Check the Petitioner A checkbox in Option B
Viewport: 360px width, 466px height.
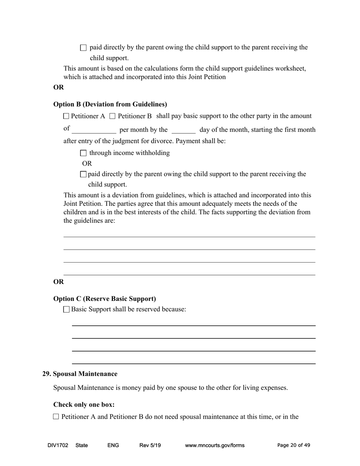tap(66, 116)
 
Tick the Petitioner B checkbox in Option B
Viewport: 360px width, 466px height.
tap(112, 116)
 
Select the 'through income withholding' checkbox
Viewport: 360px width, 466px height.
tap(83, 153)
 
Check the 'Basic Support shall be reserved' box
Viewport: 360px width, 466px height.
tap(67, 310)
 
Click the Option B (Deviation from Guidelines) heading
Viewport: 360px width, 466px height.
tap(110, 104)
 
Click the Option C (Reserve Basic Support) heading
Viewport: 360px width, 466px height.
tap(105, 299)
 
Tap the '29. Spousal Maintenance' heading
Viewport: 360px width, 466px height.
tap(80, 374)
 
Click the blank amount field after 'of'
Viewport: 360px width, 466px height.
tap(94, 130)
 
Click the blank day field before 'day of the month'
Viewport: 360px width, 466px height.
tap(183, 130)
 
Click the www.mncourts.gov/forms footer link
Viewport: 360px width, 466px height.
tap(214, 446)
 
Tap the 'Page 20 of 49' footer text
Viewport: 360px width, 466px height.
tap(294, 446)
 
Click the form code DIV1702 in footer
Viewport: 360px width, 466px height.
tap(58, 446)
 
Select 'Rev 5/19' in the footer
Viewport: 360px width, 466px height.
tap(150, 446)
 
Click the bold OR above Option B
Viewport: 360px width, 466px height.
tap(58, 87)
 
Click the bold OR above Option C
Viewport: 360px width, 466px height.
tap(58, 282)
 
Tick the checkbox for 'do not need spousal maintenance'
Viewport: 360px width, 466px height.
tap(56, 417)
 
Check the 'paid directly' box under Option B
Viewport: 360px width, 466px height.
tap(83, 174)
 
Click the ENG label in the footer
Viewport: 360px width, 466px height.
tap(113, 446)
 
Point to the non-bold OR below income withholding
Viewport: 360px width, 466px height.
tap(87, 164)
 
